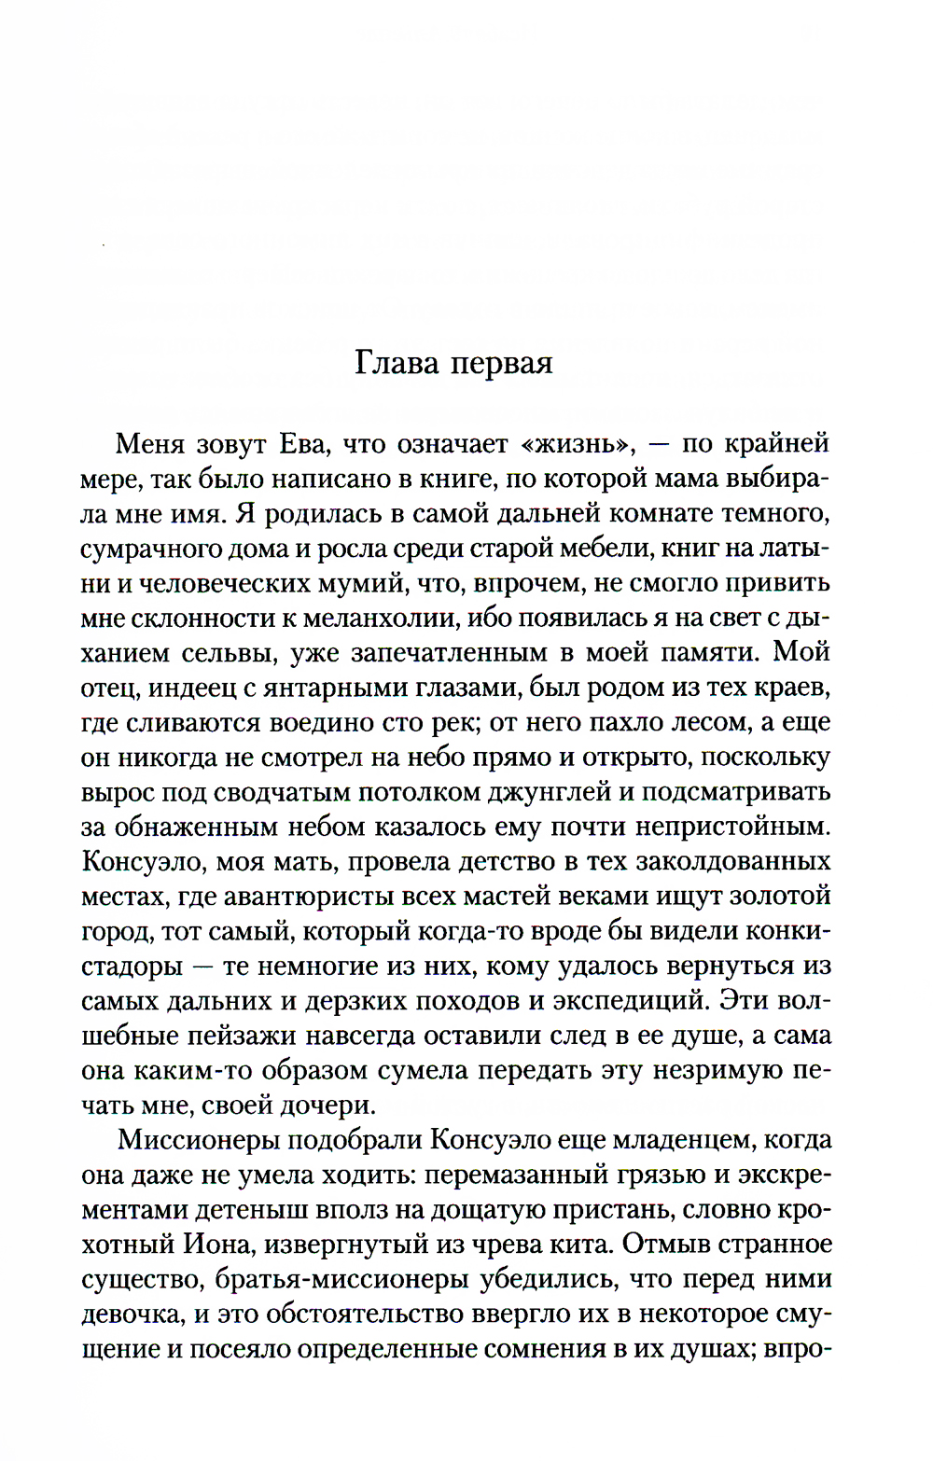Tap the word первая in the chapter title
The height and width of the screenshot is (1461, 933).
(x=502, y=364)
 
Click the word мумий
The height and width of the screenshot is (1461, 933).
(x=411, y=584)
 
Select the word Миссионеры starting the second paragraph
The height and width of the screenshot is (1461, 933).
(x=192, y=1140)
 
